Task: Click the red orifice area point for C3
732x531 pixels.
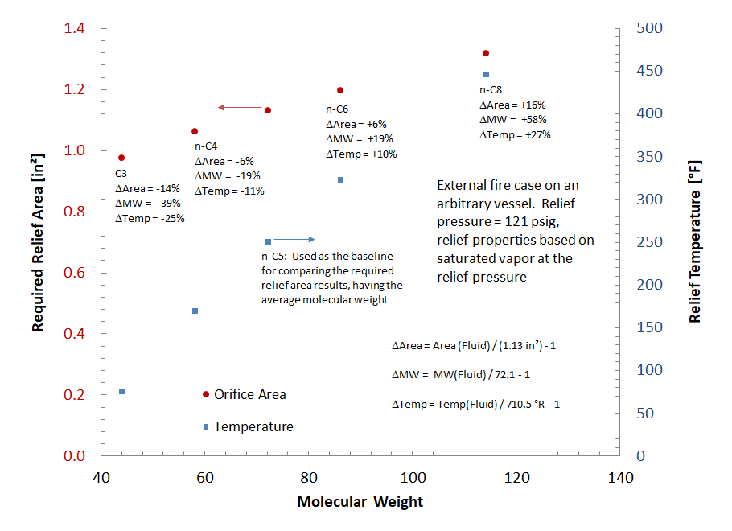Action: point(121,158)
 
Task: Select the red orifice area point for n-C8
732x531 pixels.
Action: point(486,53)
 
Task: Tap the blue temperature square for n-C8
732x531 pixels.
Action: point(486,74)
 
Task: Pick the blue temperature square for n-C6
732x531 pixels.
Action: point(340,179)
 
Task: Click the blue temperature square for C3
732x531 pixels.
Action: point(121,391)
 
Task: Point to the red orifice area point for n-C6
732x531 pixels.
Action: point(340,90)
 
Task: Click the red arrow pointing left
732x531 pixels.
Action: point(239,108)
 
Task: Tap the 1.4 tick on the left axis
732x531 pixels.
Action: point(74,29)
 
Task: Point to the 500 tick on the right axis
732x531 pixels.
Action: point(650,29)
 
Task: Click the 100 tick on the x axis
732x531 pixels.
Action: point(413,477)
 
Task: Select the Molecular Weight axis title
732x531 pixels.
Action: point(360,502)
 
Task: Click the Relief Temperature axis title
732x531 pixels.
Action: point(695,241)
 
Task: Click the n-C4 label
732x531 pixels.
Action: point(206,146)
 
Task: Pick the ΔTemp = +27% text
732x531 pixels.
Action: point(515,134)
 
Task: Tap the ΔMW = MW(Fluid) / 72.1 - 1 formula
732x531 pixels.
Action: point(460,375)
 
